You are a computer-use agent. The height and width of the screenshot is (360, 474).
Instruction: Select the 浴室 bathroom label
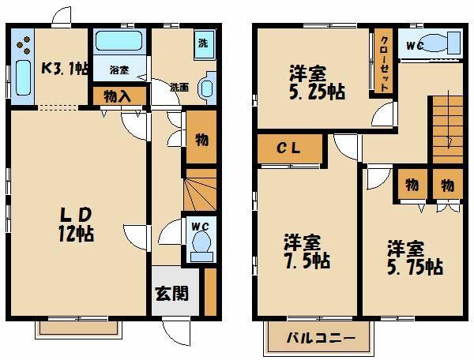coord(119,70)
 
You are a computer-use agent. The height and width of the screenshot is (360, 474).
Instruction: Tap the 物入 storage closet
coord(118,96)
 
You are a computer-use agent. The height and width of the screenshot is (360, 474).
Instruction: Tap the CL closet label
coord(290,148)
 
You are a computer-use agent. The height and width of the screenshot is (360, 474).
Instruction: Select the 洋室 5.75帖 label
coord(413,259)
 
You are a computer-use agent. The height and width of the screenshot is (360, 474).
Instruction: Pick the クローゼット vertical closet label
coord(383,63)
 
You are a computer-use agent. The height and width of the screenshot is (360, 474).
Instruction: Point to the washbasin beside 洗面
coord(206,86)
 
